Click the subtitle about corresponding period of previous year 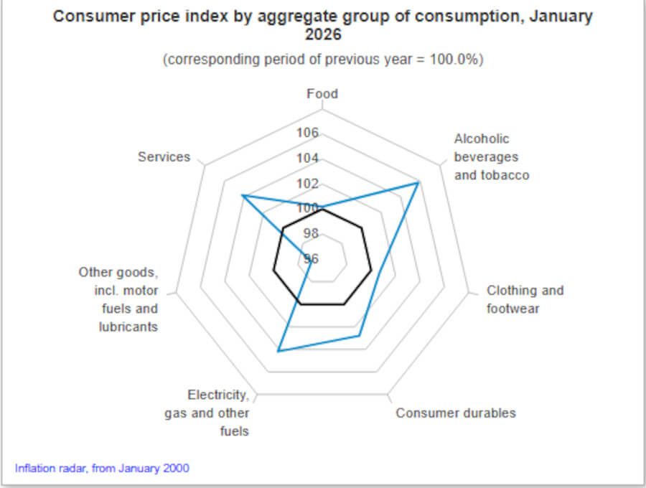pos(323,60)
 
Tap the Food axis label pos(322,94)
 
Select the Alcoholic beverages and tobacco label pos(492,157)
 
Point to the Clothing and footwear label pos(525,300)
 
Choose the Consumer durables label pos(456,413)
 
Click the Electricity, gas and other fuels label pos(208,413)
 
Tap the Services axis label pos(164,157)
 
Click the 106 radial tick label pos(307,133)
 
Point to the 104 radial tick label pos(307,159)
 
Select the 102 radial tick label pos(307,184)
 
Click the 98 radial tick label pos(310,234)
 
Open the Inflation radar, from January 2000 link pos(103,469)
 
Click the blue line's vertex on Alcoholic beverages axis pos(418,184)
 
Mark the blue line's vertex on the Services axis pos(243,194)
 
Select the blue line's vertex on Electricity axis pos(278,350)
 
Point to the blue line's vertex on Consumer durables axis pos(360,335)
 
